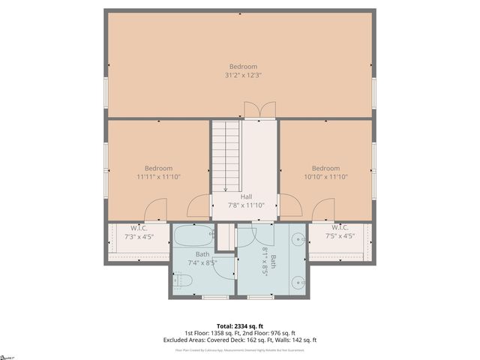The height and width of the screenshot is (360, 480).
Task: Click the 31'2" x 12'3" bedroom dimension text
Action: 242,75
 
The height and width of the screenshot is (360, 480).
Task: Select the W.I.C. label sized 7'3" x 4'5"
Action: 139,228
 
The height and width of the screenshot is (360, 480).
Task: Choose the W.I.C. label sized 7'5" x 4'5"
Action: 340,228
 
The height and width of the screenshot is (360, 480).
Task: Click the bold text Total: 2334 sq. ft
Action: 240,325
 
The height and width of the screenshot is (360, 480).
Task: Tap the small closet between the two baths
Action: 224,237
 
